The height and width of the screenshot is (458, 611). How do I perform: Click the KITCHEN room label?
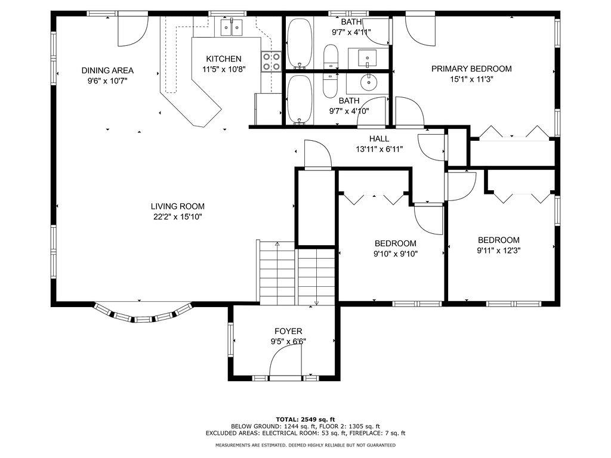click(224, 58)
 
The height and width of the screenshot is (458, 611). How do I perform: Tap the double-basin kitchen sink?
click(232, 26)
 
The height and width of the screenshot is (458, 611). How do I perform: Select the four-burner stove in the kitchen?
click(271, 61)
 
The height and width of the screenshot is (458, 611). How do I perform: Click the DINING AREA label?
click(107, 70)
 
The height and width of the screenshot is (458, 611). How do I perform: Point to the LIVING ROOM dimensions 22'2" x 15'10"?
click(178, 217)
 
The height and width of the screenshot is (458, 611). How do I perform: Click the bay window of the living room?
click(143, 315)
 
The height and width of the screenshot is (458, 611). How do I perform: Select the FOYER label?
click(288, 331)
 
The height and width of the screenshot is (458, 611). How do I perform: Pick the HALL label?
click(379, 138)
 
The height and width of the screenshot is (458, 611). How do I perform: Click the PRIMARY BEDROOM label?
click(471, 69)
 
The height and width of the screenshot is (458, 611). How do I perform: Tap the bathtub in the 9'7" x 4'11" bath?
click(300, 44)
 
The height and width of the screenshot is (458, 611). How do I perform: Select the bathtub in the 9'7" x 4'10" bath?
click(300, 99)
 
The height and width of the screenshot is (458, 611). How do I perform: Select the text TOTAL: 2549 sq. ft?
click(305, 419)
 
